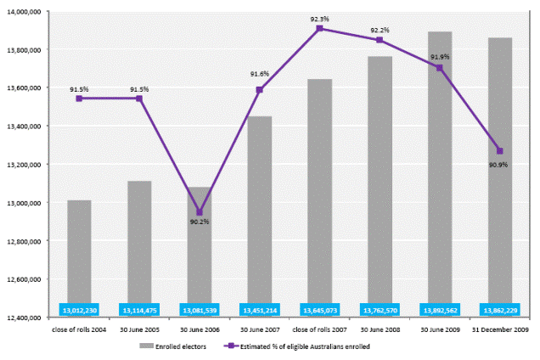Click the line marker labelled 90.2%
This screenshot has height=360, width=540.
tap(200, 212)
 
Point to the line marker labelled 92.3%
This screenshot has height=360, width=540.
tap(319, 28)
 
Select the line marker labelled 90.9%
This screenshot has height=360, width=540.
tap(499, 151)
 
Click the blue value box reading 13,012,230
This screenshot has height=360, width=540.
tap(79, 310)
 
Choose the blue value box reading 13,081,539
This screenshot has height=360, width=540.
tap(200, 310)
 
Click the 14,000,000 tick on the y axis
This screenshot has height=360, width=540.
tap(26, 12)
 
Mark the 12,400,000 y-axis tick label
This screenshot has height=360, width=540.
tap(26, 318)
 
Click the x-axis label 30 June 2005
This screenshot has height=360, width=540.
tap(139, 328)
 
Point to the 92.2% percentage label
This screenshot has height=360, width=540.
tap(380, 30)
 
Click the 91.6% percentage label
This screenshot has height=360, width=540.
tap(259, 74)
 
